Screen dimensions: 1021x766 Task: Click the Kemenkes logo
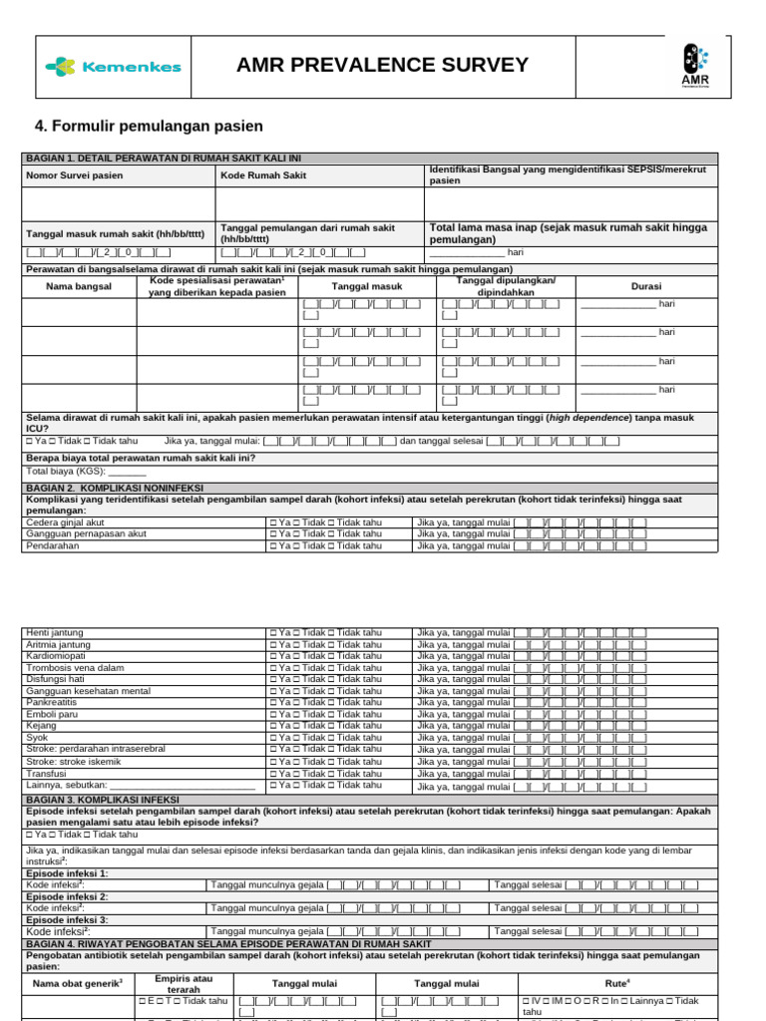[x=113, y=67]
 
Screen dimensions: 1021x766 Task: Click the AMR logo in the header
[x=695, y=67]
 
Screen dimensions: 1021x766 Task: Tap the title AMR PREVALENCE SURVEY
[x=382, y=66]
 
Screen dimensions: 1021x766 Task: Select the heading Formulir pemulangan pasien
[x=149, y=126]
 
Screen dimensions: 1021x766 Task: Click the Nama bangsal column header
[x=79, y=286]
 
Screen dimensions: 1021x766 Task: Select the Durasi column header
[x=646, y=286]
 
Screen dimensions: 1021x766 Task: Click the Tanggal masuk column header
[x=367, y=286]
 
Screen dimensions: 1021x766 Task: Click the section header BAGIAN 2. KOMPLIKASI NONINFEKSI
[x=115, y=488]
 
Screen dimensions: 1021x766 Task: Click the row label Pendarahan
[x=53, y=545]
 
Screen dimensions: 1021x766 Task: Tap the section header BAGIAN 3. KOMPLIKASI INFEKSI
[x=103, y=800]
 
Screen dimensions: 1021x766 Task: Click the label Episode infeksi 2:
[x=67, y=896]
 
